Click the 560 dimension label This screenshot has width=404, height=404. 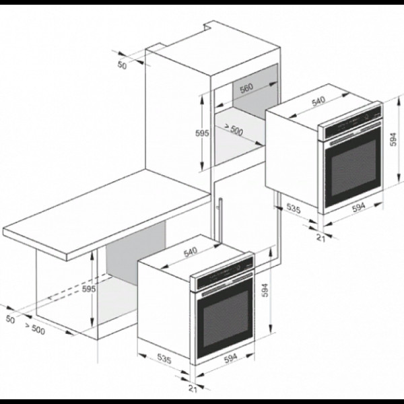246,88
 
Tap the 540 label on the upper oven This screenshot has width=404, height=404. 318,101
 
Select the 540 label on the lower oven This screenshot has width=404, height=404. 191,252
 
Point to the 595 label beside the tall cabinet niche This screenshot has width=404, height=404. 202,133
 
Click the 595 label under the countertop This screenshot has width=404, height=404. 89,289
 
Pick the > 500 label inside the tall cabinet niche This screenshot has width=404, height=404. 234,129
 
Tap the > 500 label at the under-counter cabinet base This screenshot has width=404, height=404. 35,329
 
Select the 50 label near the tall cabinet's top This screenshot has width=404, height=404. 123,65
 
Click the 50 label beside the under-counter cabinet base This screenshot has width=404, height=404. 10,319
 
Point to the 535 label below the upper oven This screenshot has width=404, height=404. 294,208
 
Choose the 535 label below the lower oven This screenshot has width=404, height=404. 164,359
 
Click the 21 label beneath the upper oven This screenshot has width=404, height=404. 321,238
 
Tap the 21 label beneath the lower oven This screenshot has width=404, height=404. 193,389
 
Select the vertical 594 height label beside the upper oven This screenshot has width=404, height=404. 393,139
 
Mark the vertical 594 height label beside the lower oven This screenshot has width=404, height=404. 265,290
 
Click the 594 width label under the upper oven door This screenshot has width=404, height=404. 359,207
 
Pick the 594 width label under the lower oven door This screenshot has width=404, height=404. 230,358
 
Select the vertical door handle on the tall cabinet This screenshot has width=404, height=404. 220,220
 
